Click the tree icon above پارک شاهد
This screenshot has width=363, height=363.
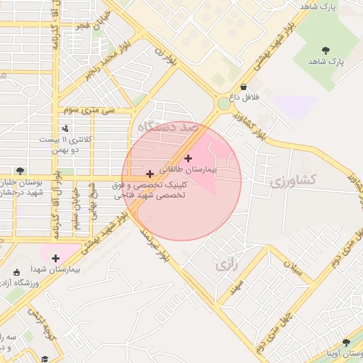(x=325, y=50)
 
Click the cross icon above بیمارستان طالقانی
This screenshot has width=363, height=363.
(x=188, y=158)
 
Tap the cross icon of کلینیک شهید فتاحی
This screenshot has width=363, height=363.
(x=149, y=174)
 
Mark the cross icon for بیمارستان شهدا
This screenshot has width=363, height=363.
(x=55, y=258)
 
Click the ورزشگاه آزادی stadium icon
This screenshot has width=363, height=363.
(x=17, y=273)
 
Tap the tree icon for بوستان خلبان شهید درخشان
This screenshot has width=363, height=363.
(x=20, y=171)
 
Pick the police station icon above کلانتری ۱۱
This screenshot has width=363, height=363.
(x=65, y=128)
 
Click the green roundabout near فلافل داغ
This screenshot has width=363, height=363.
(x=224, y=104)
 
